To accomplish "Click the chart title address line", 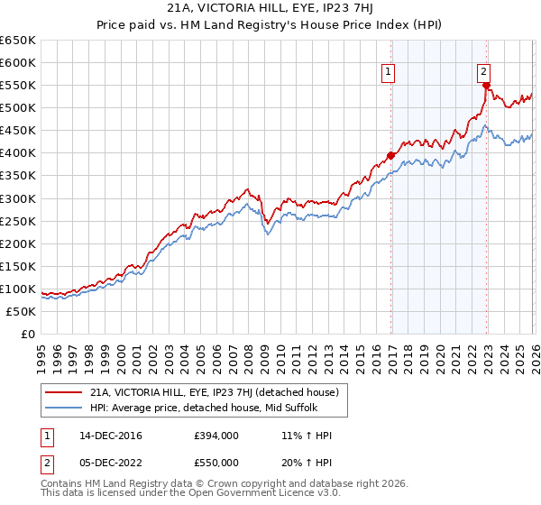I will pyautogui.click(x=270, y=7).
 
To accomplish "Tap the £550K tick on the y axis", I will pyautogui.click(x=18, y=86).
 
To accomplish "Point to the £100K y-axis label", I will pyautogui.click(x=18, y=289).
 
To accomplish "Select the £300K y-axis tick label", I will pyautogui.click(x=18, y=198).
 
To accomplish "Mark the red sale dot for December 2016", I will pyautogui.click(x=391, y=155).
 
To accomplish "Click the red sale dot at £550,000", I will pyautogui.click(x=486, y=86).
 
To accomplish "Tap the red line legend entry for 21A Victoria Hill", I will pyautogui.click(x=214, y=392).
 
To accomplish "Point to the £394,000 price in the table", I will pyautogui.click(x=215, y=436).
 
